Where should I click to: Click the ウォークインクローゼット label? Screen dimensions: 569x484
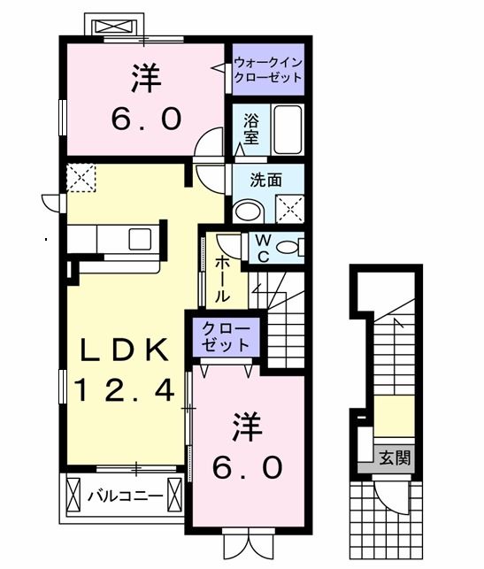tap(267, 69)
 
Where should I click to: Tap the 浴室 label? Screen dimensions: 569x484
tap(251, 130)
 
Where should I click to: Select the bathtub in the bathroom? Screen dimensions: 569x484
tap(287, 129)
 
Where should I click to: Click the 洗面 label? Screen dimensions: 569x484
tap(265, 180)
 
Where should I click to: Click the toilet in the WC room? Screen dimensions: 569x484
tap(288, 247)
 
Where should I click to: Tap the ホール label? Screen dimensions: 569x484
tap(221, 277)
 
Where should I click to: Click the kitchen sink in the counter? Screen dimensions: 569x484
tap(140, 239)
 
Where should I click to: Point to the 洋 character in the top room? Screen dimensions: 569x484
tap(147, 80)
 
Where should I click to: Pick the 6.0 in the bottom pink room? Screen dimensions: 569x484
tap(247, 465)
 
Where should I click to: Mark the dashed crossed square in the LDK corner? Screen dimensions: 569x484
tap(82, 177)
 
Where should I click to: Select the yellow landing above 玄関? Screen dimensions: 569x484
tap(396, 416)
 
